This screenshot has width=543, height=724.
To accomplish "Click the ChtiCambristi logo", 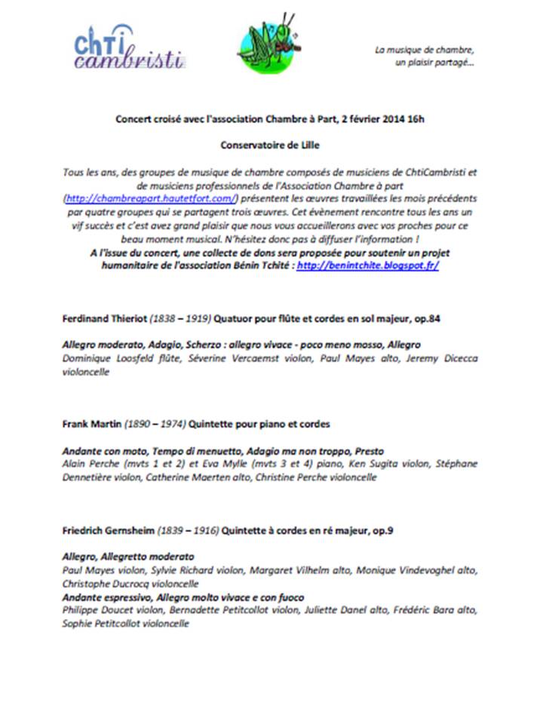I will (x=128, y=47).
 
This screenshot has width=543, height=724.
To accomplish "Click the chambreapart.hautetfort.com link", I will (x=152, y=198).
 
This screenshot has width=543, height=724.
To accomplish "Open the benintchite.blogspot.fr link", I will (x=368, y=266).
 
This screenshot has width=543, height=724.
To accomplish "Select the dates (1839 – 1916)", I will (x=182, y=531).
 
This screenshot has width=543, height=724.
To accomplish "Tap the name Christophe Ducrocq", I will (x=107, y=584).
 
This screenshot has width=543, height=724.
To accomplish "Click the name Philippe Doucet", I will (x=94, y=611).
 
